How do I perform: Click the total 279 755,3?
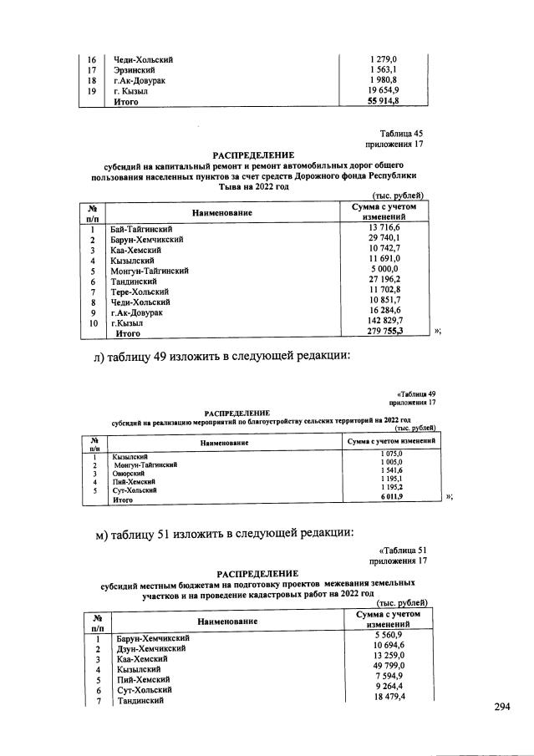click(385, 332)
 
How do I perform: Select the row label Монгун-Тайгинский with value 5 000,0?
click(150, 271)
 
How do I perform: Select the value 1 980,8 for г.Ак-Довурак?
click(385, 80)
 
